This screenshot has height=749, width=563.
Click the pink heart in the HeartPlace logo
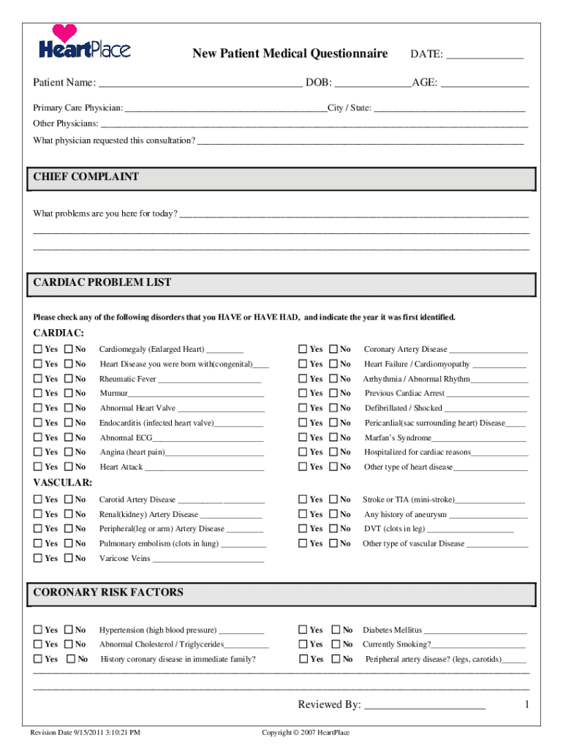pos(65,33)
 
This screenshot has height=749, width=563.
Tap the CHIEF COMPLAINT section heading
pos(86,177)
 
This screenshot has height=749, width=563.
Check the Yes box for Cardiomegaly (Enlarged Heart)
pos(38,350)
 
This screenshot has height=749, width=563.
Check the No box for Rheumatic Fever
pos(69,379)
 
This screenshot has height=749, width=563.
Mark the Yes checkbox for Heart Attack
pos(38,467)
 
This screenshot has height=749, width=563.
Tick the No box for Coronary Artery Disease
pos(333,350)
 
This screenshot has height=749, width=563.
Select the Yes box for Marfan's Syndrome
pos(303,437)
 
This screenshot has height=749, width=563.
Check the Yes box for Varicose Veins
pos(38,558)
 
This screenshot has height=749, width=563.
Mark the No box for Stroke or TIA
pos(333,500)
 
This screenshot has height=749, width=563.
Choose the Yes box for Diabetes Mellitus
pos(303,630)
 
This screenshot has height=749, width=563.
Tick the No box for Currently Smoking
pos(336,644)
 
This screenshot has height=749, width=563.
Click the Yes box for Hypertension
pos(38,630)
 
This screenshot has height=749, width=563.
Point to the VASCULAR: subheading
pos(63,483)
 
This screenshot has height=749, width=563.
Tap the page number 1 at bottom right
pos(526,704)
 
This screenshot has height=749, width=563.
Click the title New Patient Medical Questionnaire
pos(290,53)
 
